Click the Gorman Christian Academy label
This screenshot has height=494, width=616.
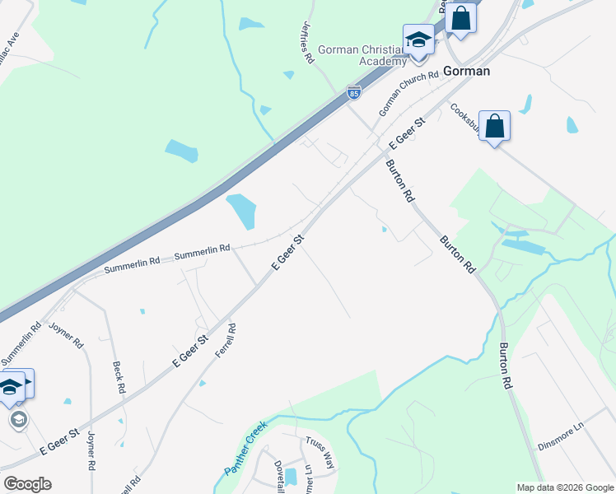click(x=362, y=55)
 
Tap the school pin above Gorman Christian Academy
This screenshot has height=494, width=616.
click(x=418, y=40)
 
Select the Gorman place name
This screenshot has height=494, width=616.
click(x=466, y=71)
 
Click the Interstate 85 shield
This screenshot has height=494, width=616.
click(x=353, y=93)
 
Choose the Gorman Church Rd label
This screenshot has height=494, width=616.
click(x=408, y=94)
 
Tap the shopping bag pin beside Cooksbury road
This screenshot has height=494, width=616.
click(x=494, y=126)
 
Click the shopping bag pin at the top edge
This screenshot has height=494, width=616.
click(x=461, y=18)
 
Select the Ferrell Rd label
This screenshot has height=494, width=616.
click(x=225, y=339)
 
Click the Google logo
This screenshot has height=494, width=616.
click(x=27, y=484)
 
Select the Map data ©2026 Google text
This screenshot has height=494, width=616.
click(x=564, y=487)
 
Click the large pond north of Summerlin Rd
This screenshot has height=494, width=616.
click(x=241, y=211)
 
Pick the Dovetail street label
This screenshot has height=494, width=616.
click(x=278, y=473)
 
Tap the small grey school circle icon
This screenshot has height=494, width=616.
click(x=18, y=420)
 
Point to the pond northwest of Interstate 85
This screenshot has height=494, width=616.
click(x=181, y=151)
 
